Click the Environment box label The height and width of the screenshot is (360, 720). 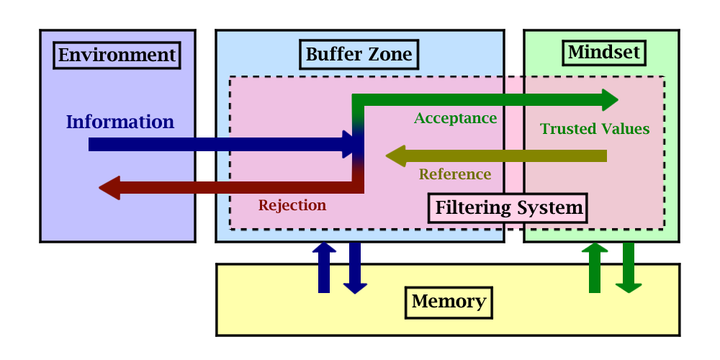[x=117, y=55]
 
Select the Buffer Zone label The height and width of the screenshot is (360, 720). [x=359, y=54]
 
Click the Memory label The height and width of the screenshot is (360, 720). [x=449, y=301]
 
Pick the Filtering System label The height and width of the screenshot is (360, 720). [x=508, y=208]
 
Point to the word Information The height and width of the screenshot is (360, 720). [x=120, y=122]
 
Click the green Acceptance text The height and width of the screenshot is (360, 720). [x=455, y=117]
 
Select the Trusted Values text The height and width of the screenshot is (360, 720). [x=595, y=129]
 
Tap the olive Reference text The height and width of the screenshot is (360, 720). [x=455, y=174]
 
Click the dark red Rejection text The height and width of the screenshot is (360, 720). [x=292, y=205]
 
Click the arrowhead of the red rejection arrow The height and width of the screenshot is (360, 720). [x=109, y=189]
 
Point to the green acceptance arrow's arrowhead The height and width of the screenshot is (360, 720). [x=609, y=99]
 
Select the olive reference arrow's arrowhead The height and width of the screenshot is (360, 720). [x=395, y=156]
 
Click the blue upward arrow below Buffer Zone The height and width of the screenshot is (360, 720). [x=324, y=267]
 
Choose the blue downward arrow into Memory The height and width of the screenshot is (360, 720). [x=355, y=269]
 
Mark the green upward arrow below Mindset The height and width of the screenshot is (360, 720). [x=595, y=267]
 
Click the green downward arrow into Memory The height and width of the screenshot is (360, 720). [x=629, y=269]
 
